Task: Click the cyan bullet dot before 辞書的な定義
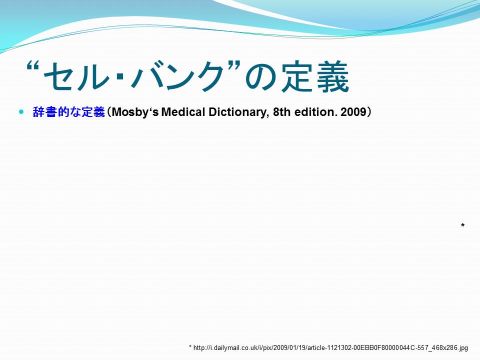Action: (x=21, y=111)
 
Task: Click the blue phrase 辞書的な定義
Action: (x=69, y=112)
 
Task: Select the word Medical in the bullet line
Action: (x=183, y=112)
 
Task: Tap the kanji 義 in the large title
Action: (x=333, y=76)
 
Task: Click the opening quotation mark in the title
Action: (x=33, y=66)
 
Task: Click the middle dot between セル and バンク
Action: (x=120, y=78)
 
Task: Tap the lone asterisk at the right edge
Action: (x=462, y=225)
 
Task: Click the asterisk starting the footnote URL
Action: (x=190, y=347)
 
